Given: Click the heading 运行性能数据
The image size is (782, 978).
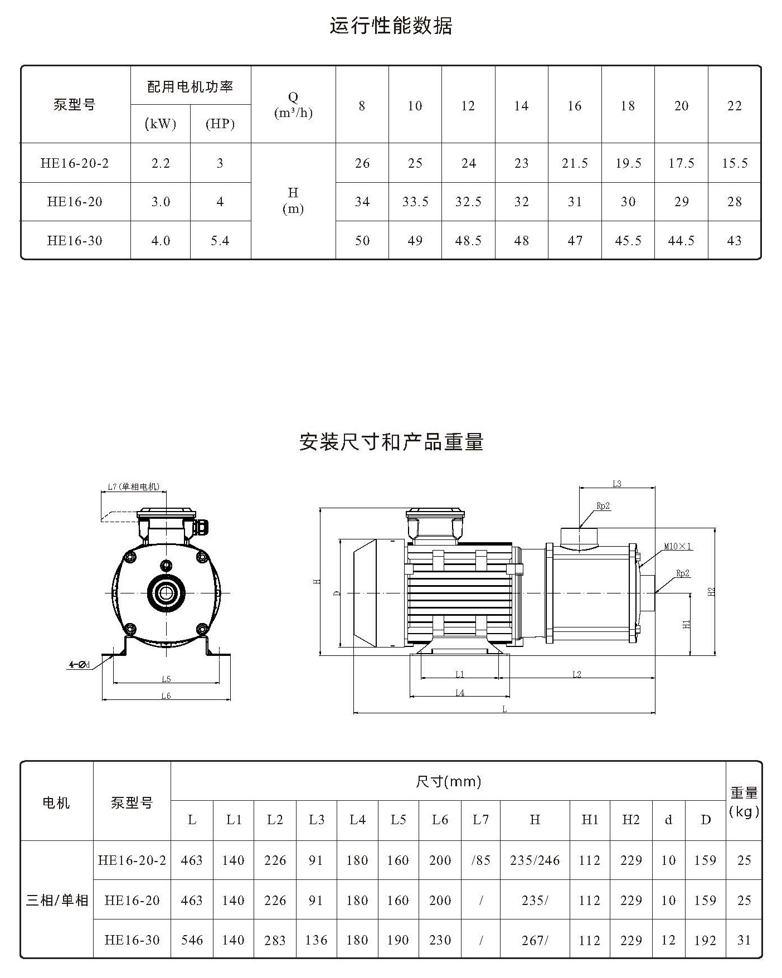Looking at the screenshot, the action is click(391, 26).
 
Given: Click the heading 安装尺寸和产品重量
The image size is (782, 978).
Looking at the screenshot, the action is click(391, 442).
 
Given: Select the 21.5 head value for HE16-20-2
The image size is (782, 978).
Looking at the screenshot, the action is click(575, 163).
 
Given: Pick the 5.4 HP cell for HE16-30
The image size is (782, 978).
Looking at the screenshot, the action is click(220, 241).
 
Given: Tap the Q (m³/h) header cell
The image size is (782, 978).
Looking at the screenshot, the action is click(293, 105).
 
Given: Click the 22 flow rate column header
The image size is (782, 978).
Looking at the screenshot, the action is click(735, 106).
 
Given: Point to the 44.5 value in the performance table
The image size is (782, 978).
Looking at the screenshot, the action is click(681, 241).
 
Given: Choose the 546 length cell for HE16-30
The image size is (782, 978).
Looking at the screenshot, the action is click(192, 940).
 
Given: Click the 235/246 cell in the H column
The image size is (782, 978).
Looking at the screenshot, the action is click(535, 860).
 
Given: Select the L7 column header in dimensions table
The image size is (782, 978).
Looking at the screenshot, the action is click(480, 820).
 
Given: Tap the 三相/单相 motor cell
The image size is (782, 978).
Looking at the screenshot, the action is click(57, 900).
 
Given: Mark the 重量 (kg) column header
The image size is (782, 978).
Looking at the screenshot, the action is click(744, 801).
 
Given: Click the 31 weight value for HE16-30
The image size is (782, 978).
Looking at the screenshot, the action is click(744, 940).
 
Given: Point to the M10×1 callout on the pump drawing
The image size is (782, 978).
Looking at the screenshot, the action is click(678, 546).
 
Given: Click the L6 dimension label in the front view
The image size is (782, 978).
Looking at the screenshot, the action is click(166, 695).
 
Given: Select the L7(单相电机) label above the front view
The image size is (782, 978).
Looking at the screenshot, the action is click(133, 486).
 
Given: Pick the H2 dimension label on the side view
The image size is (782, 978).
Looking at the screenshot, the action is click(711, 591).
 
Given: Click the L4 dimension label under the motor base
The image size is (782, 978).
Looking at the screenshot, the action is click(460, 693).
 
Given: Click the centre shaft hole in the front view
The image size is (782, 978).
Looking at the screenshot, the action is click(166, 592).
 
